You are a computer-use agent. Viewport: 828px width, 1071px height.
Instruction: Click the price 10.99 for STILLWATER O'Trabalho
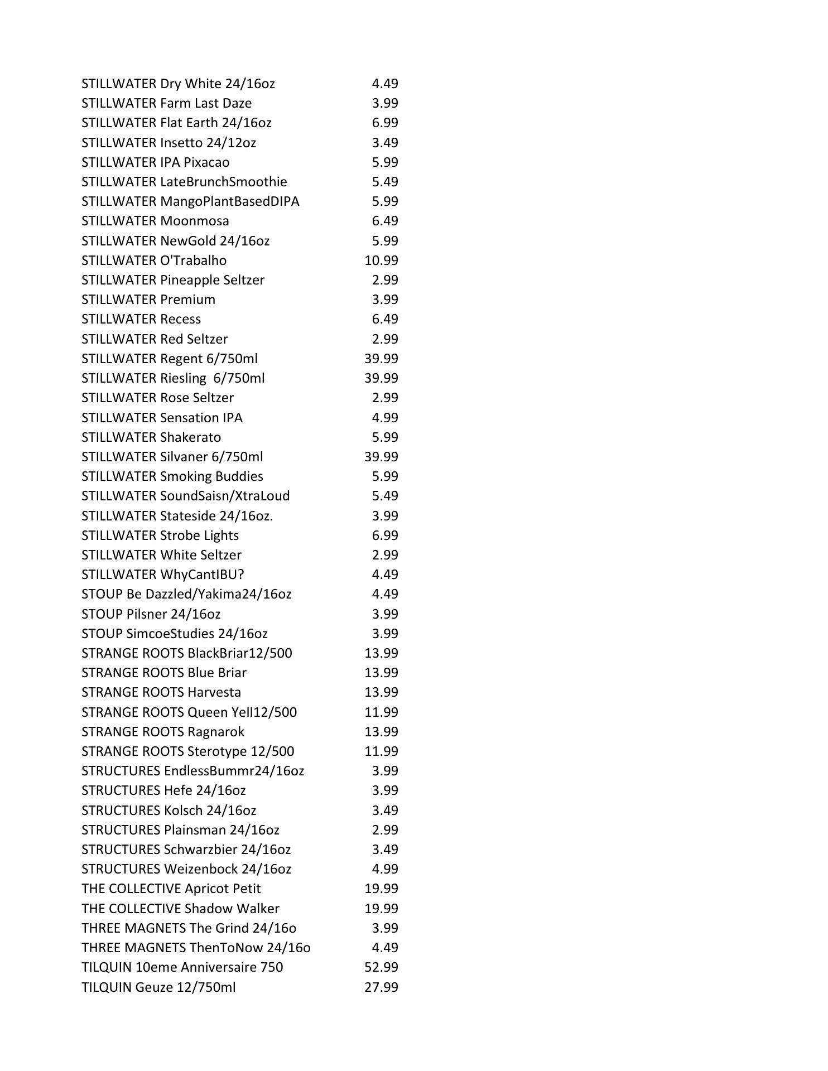(x=381, y=260)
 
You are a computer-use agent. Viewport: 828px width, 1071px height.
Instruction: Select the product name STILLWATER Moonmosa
(x=155, y=221)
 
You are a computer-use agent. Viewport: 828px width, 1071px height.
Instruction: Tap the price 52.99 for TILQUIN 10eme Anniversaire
(x=381, y=967)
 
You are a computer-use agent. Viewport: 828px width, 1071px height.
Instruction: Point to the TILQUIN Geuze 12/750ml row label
(x=158, y=987)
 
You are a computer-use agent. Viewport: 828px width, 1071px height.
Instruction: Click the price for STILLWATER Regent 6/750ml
(x=381, y=359)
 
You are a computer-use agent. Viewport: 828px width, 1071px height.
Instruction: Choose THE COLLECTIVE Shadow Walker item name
(x=180, y=909)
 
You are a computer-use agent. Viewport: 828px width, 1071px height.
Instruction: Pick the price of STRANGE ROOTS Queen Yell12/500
(x=381, y=712)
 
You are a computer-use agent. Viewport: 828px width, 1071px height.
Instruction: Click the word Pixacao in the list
(x=206, y=162)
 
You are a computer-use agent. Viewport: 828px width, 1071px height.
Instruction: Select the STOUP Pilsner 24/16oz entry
(x=151, y=614)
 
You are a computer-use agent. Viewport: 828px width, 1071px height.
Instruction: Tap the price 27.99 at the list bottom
(x=381, y=987)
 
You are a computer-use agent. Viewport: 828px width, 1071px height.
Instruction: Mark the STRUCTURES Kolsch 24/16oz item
(x=169, y=811)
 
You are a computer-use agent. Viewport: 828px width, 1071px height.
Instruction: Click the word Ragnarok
(x=215, y=732)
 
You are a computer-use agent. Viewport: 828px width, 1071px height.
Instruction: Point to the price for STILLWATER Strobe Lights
(x=385, y=535)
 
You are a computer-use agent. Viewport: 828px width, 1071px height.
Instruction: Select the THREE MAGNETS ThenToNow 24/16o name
(x=196, y=948)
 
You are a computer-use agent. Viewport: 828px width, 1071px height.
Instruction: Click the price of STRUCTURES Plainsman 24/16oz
(x=385, y=830)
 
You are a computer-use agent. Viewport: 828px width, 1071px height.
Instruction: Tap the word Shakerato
(x=190, y=437)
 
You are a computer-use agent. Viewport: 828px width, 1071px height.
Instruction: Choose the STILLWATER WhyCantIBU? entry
(x=163, y=575)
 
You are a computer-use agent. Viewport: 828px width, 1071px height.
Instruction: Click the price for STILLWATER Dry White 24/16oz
(x=385, y=84)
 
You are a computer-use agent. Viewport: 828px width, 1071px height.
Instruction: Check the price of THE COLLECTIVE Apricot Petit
(x=381, y=889)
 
